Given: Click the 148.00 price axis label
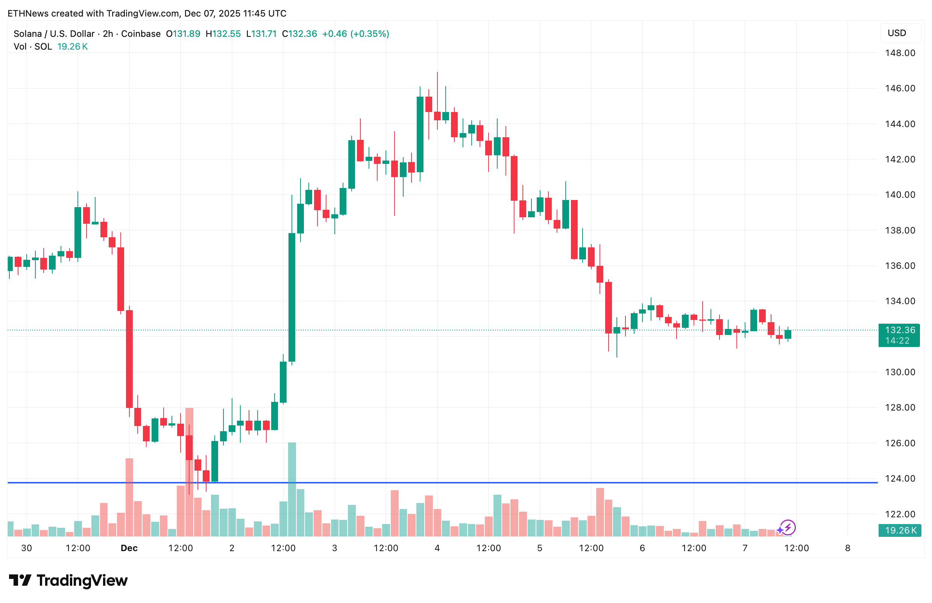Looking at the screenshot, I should (900, 53).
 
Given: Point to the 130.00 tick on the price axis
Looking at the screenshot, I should (900, 372).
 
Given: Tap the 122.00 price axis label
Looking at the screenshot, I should (900, 514).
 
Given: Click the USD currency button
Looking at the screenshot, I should (897, 33).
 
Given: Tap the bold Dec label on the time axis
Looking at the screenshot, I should (129, 548).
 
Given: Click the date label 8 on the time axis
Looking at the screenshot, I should (847, 548).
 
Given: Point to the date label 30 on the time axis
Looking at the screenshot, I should (27, 548).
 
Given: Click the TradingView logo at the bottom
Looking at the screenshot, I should (68, 581).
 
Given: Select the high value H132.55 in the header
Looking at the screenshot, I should (223, 34).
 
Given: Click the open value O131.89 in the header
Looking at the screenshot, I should (183, 34).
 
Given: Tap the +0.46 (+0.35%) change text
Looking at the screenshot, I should (355, 34).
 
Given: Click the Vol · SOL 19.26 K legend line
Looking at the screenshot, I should (50, 47).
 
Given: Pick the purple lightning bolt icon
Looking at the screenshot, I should (788, 527).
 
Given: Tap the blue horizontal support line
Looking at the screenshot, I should (470, 482).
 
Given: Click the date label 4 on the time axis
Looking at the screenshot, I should (437, 548).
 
